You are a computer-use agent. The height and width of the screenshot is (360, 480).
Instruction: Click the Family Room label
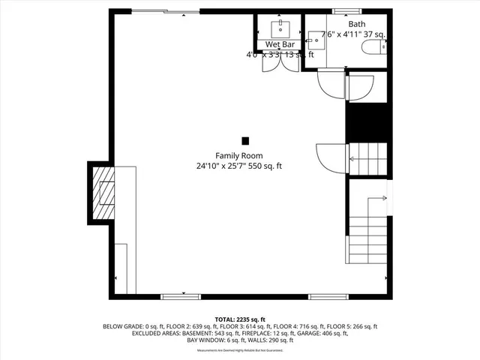click(239, 155)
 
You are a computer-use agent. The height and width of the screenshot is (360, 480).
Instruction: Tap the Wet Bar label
click(277, 45)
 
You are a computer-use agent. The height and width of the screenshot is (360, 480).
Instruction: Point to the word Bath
click(356, 24)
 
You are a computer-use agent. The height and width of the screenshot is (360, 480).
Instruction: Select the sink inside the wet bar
click(279, 28)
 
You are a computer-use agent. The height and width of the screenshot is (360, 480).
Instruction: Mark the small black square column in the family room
click(245, 140)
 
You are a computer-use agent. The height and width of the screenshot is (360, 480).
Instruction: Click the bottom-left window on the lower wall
click(181, 297)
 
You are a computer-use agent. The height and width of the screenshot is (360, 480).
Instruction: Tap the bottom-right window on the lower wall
click(328, 297)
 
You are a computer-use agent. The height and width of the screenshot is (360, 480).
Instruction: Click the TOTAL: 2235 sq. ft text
click(240, 319)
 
